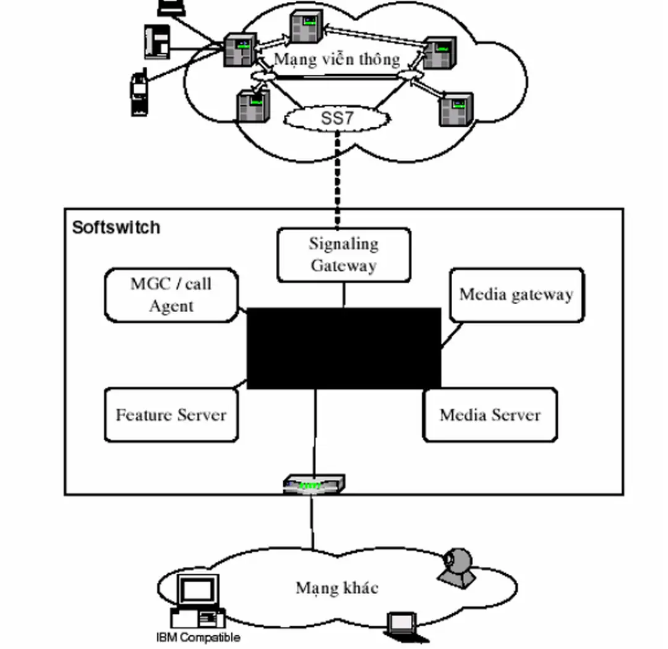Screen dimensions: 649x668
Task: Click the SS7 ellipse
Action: click(x=337, y=118)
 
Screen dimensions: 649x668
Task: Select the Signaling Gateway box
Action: click(x=343, y=255)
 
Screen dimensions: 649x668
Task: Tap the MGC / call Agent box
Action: click(x=171, y=295)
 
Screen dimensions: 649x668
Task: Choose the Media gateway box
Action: click(x=516, y=295)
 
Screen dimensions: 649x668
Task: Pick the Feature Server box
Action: click(x=171, y=415)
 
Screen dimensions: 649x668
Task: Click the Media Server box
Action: click(x=490, y=415)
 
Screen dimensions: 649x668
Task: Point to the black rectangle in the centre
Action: click(x=344, y=348)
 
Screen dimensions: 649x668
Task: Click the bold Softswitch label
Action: click(x=116, y=227)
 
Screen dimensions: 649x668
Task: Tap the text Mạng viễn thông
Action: click(x=337, y=59)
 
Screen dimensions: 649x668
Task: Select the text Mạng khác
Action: click(x=336, y=587)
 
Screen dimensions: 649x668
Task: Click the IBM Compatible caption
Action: click(x=198, y=637)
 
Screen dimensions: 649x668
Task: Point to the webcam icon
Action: click(x=457, y=566)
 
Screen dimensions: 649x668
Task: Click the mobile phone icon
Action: click(x=139, y=94)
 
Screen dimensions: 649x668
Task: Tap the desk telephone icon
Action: click(x=158, y=41)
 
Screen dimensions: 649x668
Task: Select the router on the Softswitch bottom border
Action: click(x=314, y=485)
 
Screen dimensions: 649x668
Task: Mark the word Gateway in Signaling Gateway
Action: click(x=343, y=266)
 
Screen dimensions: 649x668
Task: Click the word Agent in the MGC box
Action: click(x=171, y=306)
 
